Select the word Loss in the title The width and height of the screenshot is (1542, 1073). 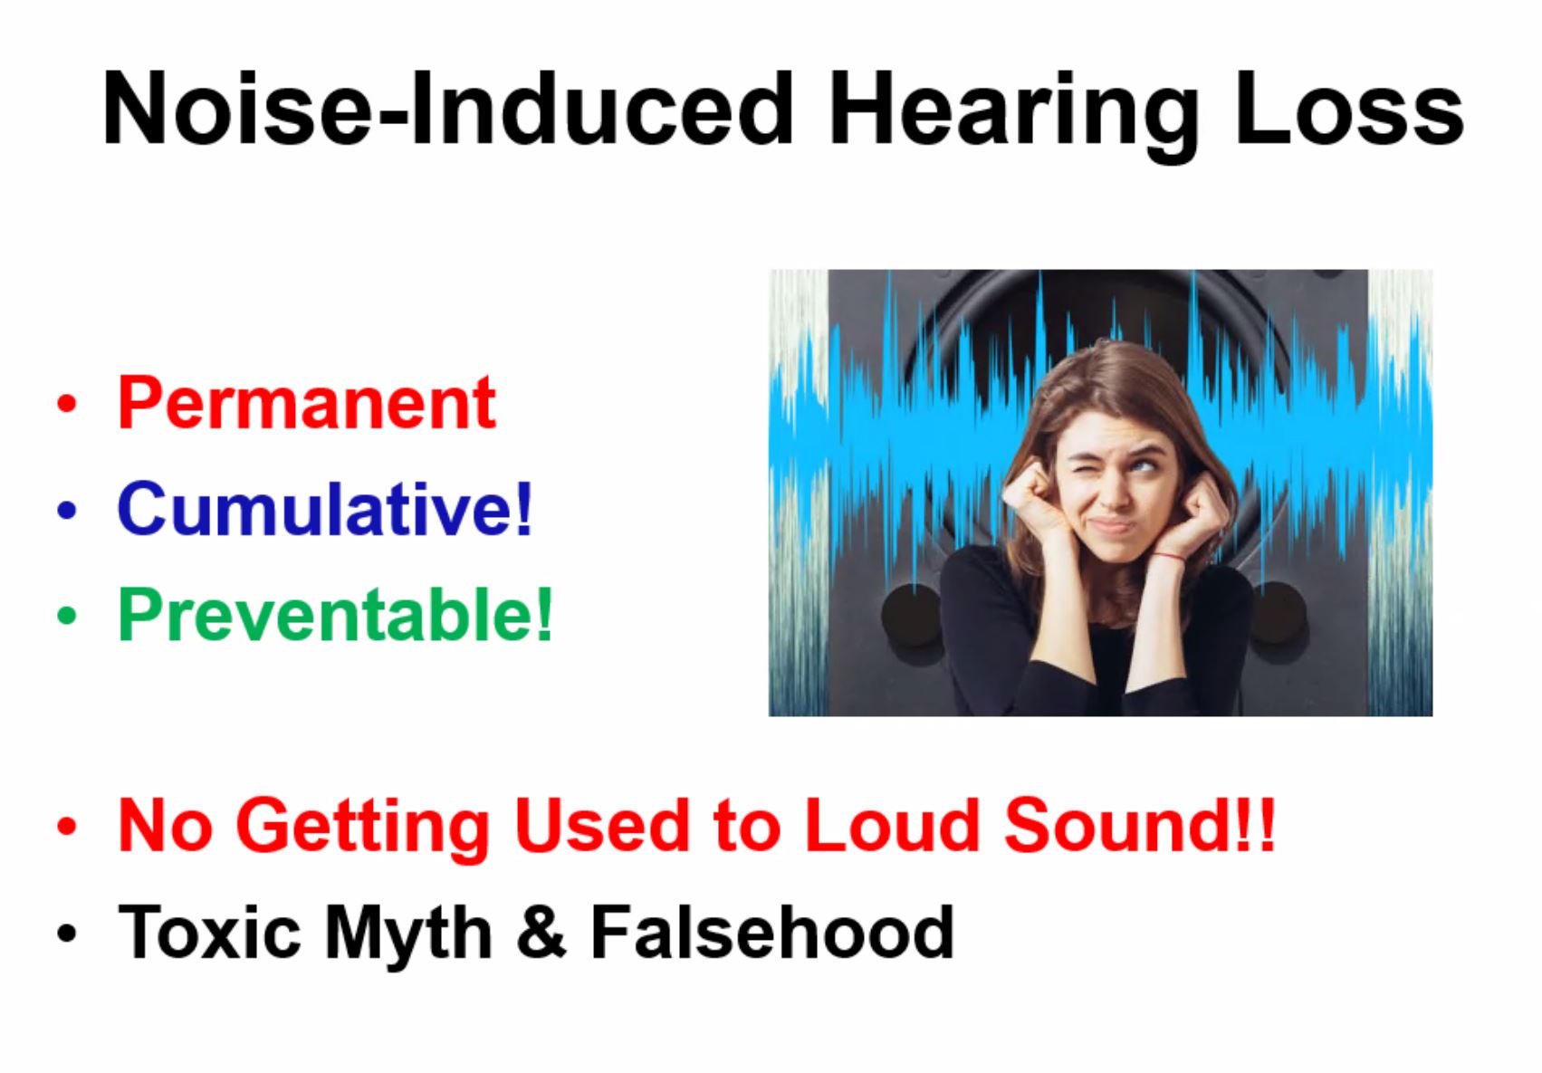(1350, 108)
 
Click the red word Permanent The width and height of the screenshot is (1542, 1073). (306, 403)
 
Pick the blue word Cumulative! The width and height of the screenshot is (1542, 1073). (325, 508)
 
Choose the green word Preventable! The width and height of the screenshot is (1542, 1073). (335, 614)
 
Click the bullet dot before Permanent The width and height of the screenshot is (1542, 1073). (67, 404)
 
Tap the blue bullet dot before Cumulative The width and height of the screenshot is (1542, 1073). (67, 510)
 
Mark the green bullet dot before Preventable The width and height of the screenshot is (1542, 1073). (67, 616)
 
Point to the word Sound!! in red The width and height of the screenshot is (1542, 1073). (1139, 825)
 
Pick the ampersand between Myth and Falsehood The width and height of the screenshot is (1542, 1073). (541, 931)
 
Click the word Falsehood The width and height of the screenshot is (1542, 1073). (771, 931)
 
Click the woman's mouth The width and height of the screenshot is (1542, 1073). (1111, 526)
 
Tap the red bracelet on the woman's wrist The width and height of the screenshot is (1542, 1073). (1169, 555)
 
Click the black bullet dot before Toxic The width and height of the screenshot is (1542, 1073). (67, 934)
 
